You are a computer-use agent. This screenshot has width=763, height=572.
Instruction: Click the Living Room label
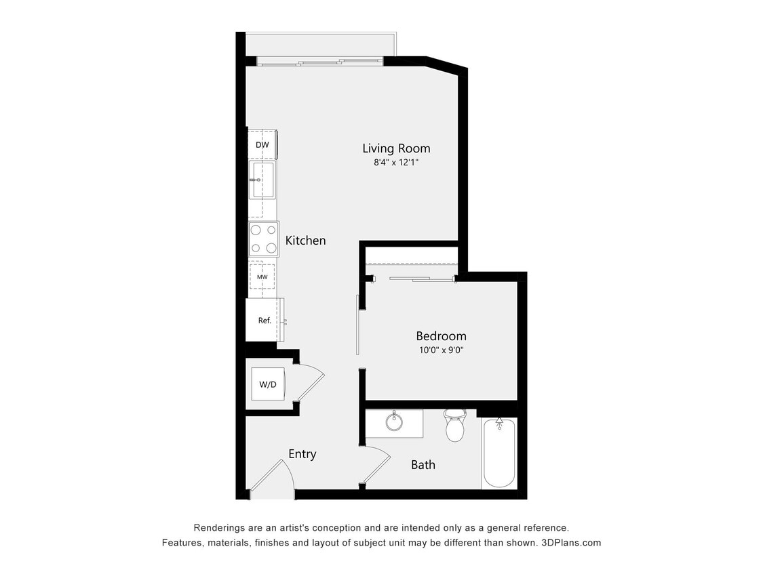(396, 148)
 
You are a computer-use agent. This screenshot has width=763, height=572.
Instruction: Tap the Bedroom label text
(441, 335)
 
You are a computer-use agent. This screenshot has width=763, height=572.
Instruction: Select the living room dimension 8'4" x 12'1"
(395, 163)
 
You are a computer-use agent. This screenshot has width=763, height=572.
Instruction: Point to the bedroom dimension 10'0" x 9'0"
(440, 350)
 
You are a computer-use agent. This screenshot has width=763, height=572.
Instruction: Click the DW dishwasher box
(262, 145)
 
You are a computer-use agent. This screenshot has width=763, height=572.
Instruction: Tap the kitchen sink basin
(263, 180)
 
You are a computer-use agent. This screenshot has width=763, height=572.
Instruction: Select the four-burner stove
(263, 239)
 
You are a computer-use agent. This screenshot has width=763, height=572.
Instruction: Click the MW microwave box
(262, 277)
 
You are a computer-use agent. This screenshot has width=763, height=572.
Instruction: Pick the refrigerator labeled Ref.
(265, 321)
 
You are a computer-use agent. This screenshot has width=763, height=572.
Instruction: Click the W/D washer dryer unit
(268, 385)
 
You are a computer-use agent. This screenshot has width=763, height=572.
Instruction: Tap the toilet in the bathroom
(454, 425)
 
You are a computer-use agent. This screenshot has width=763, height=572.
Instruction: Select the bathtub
(499, 452)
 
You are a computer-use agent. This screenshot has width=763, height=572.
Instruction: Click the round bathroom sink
(395, 422)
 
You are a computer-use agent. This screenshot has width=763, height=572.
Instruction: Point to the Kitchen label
(305, 241)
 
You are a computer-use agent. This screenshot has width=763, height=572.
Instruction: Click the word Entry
(302, 454)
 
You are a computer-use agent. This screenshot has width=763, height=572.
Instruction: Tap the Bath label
(423, 465)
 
